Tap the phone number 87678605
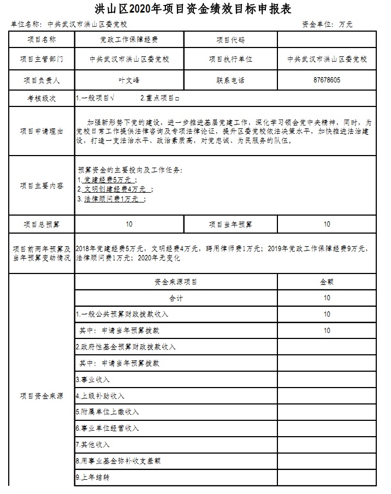click(x=327, y=80)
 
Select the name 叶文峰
click(x=129, y=80)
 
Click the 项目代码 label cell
click(x=230, y=40)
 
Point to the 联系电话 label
click(x=230, y=80)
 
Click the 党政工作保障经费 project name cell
click(x=129, y=40)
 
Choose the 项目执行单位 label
click(x=230, y=59)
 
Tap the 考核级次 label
click(x=42, y=99)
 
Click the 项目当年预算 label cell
click(x=230, y=224)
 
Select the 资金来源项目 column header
click(x=176, y=282)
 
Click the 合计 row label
click(x=176, y=298)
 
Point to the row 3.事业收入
click(x=93, y=379)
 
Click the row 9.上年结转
click(x=93, y=477)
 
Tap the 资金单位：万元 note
click(x=327, y=25)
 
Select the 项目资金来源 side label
click(x=42, y=396)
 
